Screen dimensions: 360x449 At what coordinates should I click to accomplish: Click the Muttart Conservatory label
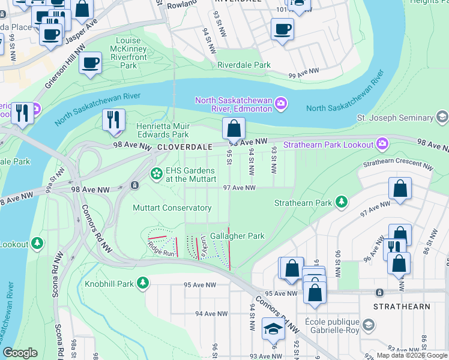172,208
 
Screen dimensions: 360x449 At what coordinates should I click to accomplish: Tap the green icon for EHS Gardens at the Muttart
157,173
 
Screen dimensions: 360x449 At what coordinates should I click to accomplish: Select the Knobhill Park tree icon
143,283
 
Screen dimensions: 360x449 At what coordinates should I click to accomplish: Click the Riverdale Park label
244,65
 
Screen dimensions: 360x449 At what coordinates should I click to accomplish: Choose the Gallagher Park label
237,236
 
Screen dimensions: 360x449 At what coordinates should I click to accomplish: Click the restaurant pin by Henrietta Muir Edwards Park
113,120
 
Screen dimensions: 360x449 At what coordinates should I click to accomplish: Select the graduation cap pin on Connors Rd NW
273,329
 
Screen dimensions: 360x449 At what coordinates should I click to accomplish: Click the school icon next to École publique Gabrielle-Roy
369,326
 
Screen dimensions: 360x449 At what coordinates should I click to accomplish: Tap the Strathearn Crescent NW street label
397,166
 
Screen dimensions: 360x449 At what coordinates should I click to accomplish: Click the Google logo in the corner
20,353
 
